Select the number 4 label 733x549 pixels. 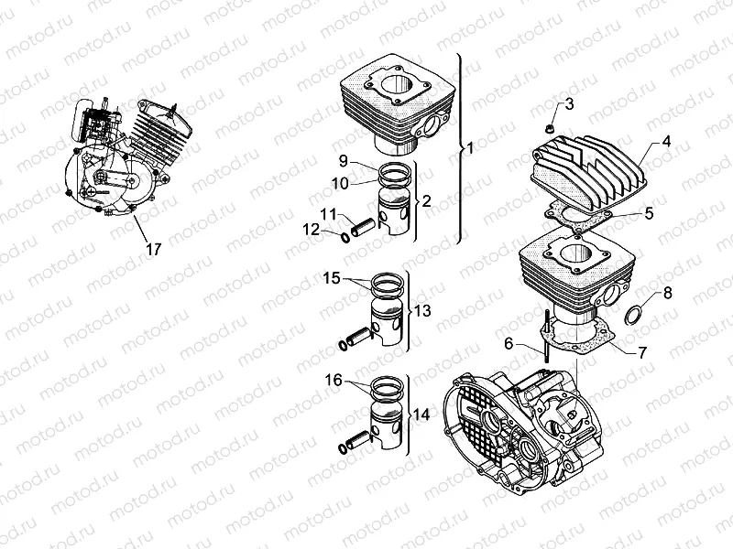pos(666,142)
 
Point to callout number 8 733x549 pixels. pos(666,293)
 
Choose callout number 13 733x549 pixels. pos(421,311)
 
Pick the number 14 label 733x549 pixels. pos(421,414)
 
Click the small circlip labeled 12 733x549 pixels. pos(344,238)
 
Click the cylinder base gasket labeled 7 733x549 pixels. pos(586,339)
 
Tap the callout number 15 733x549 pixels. pos(331,276)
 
